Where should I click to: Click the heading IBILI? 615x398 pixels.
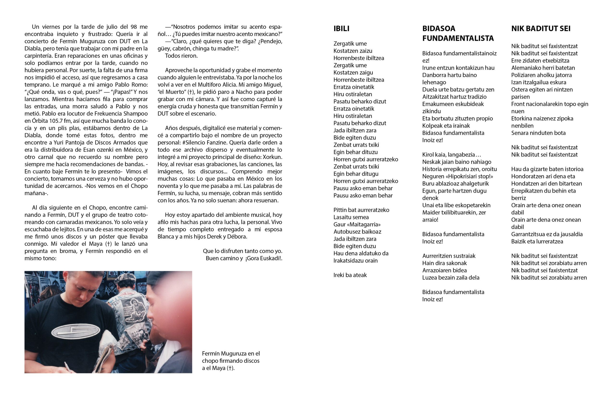(341, 28)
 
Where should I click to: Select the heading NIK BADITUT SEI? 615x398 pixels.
(541, 28)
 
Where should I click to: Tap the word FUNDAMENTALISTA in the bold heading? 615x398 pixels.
(458, 38)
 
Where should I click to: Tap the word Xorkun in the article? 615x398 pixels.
(273, 157)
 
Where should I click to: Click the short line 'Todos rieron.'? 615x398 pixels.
(181, 55)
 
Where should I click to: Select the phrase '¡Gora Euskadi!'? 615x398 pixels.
(264, 258)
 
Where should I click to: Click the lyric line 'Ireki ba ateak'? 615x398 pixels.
(350, 275)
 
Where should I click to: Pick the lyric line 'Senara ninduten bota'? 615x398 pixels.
(538, 133)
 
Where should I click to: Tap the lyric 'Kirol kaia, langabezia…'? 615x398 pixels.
(451, 154)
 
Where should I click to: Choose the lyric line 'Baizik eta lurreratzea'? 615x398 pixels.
(537, 241)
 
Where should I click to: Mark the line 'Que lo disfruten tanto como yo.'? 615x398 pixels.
(242, 251)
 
